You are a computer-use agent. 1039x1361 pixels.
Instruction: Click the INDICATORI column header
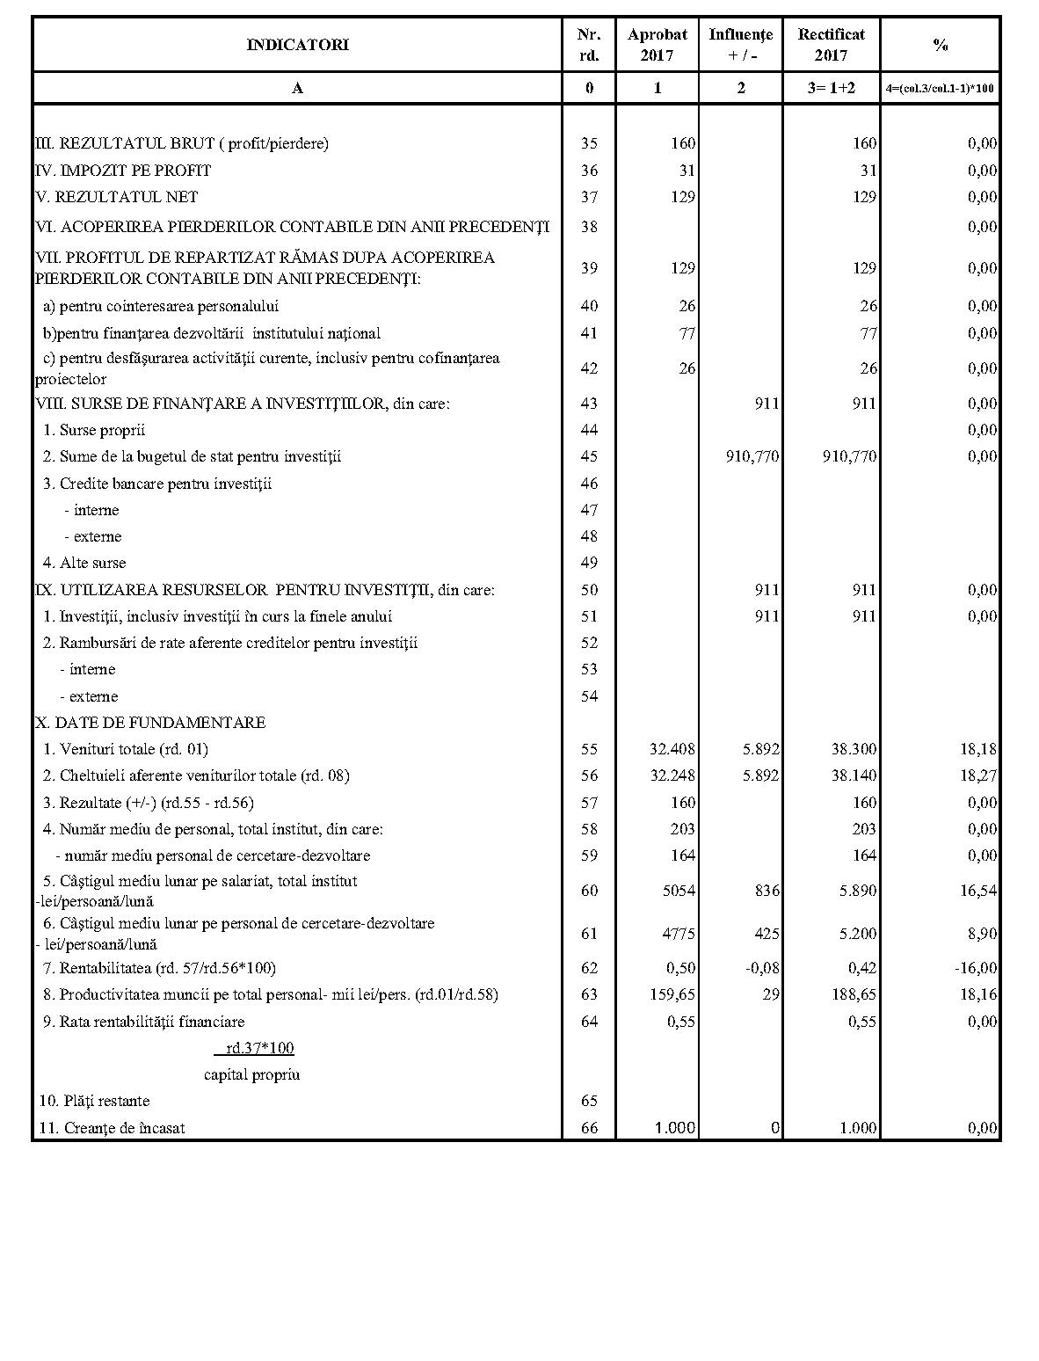tap(297, 45)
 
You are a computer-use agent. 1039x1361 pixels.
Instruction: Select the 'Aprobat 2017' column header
tap(657, 45)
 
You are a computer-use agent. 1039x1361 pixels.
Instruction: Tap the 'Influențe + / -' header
tap(740, 45)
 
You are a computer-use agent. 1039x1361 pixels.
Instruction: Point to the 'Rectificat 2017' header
tap(831, 45)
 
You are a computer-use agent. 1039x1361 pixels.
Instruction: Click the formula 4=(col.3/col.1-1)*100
tap(940, 89)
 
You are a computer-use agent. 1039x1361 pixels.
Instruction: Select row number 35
tap(589, 143)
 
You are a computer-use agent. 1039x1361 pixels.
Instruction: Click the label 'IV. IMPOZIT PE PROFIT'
tap(123, 171)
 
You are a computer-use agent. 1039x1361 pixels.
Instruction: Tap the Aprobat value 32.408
tap(672, 749)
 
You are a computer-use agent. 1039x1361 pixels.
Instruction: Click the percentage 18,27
tap(979, 775)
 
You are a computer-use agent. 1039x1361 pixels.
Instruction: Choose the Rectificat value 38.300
tap(854, 749)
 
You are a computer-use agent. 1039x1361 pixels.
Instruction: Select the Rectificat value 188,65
tap(854, 994)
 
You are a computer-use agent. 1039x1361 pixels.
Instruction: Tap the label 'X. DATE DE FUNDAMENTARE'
tap(150, 723)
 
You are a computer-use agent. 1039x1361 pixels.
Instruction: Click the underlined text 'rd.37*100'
tap(259, 1048)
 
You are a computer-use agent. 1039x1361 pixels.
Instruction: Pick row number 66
tap(589, 1128)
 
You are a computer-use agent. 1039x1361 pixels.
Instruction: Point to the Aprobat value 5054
tap(678, 891)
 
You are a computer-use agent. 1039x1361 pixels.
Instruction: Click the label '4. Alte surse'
tap(84, 563)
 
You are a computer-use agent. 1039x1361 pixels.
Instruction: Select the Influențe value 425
tap(767, 933)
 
